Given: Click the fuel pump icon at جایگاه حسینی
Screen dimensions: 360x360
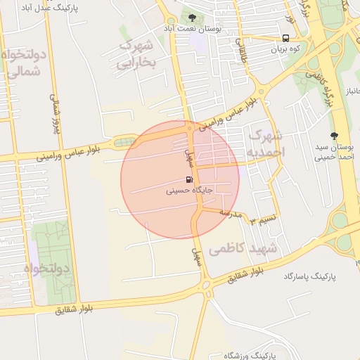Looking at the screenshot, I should [x=189, y=179].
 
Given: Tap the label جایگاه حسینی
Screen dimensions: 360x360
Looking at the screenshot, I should [x=189, y=190].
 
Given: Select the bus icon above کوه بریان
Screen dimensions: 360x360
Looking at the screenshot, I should [x=285, y=39].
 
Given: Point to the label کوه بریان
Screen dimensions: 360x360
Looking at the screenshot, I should [x=285, y=50].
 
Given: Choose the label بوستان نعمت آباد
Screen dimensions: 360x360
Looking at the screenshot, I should [x=193, y=28].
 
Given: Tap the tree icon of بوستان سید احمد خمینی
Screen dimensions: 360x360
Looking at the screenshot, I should [x=335, y=136].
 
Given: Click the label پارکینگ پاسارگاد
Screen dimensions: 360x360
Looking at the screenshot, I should [x=310, y=278].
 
